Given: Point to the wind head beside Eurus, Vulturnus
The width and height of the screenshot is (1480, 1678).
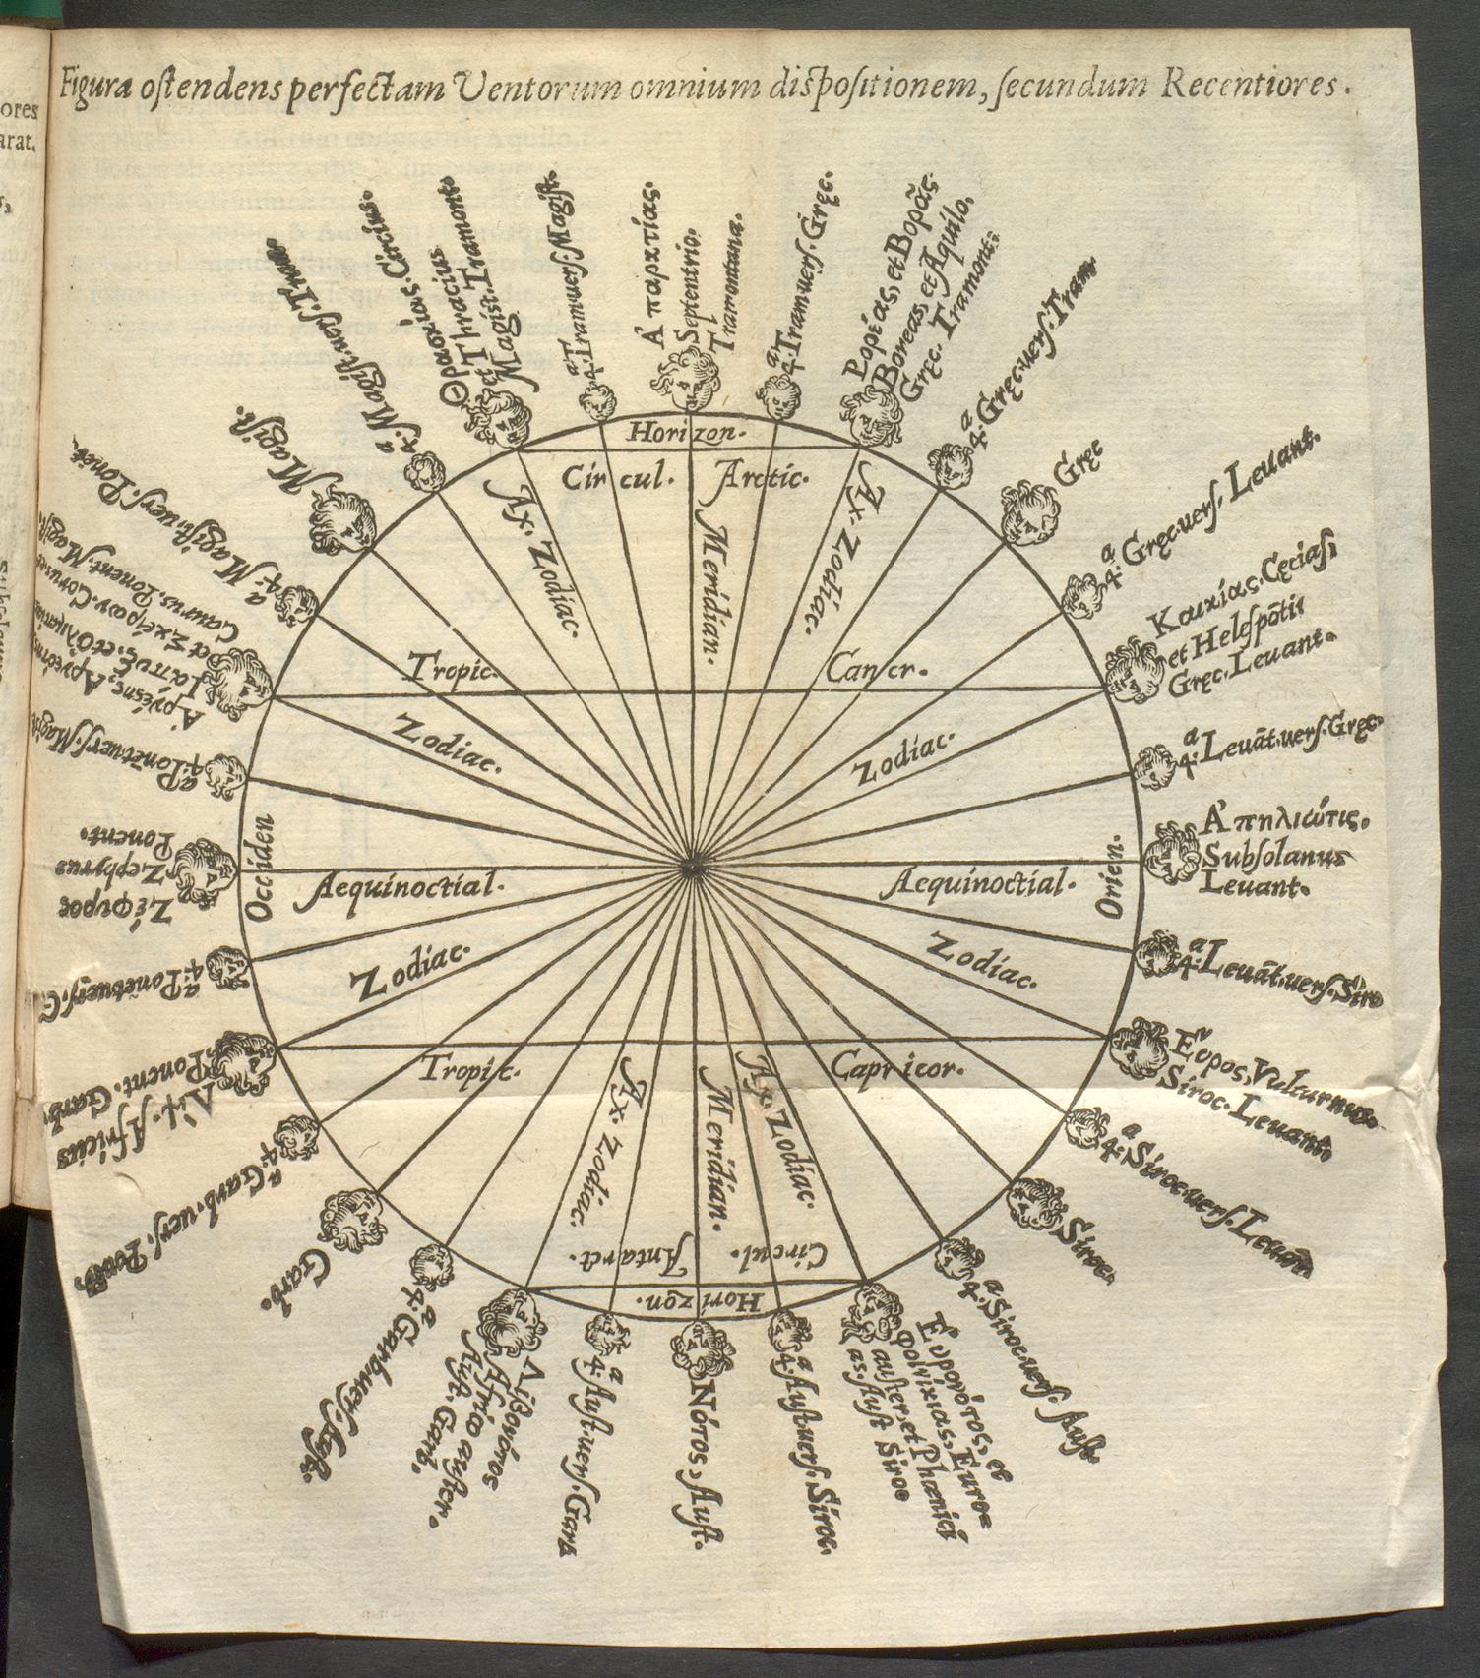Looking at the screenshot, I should click(x=1141, y=1047).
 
